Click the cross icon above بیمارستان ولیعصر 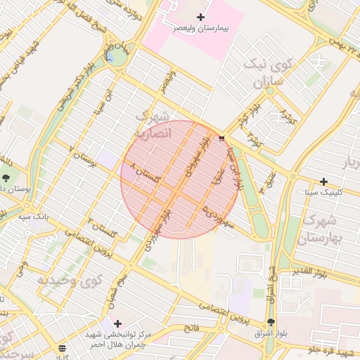(201, 17)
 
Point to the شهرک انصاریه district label (152, 124)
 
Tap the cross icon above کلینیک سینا (323, 181)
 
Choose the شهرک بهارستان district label (323, 229)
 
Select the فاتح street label (191, 328)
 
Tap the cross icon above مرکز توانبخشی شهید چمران (117, 323)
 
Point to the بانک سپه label (34, 217)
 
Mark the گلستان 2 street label (101, 227)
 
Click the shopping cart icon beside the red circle (223, 139)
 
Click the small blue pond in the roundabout (110, 56)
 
